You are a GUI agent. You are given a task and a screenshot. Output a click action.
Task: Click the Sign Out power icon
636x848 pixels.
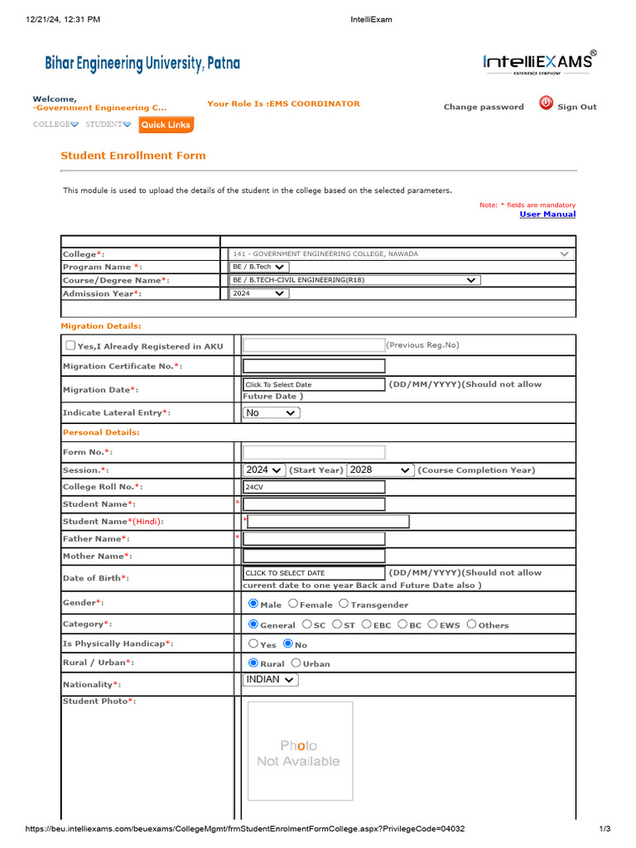click(x=546, y=104)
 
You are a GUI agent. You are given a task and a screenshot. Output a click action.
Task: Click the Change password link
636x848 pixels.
click(x=484, y=107)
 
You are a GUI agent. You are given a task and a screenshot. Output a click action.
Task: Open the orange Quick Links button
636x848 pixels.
click(x=166, y=125)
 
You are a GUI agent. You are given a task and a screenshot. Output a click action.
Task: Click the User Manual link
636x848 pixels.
click(x=547, y=214)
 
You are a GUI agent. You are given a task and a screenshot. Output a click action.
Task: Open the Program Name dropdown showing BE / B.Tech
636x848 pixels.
click(x=259, y=267)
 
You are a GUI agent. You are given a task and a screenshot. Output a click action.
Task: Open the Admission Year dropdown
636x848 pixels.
click(x=258, y=293)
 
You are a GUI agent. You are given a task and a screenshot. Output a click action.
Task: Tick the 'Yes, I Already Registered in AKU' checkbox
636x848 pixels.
click(x=71, y=345)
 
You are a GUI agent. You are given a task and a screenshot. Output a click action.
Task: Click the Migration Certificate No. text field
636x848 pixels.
click(x=314, y=366)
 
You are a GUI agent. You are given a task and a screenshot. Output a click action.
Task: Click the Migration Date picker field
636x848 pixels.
click(x=314, y=384)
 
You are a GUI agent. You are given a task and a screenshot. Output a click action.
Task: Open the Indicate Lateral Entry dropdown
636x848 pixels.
click(x=271, y=412)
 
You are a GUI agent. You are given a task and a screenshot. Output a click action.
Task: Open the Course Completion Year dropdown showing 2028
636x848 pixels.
click(x=380, y=470)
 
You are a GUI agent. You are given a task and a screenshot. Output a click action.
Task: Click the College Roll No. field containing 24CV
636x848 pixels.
click(x=314, y=487)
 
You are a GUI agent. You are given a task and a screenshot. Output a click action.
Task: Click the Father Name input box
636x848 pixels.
click(x=314, y=539)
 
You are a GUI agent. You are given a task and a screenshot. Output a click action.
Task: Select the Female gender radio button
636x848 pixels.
click(x=293, y=605)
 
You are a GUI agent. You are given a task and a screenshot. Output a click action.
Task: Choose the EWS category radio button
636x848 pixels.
click(x=434, y=624)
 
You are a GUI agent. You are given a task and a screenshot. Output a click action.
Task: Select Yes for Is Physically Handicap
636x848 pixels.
click(x=253, y=643)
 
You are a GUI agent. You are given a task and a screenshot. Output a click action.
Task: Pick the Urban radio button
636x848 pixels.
click(x=296, y=663)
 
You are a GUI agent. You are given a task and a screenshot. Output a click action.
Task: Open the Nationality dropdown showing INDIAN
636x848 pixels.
click(x=271, y=680)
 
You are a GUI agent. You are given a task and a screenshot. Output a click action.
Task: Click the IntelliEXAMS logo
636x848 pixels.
click(x=538, y=62)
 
